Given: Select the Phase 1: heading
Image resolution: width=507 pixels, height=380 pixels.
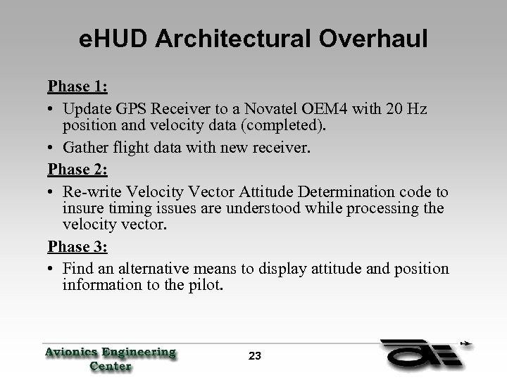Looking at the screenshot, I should pos(77,87).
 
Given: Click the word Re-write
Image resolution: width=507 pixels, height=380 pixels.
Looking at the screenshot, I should pos(89,192).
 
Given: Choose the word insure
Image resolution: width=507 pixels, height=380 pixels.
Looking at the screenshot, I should pos(82,209).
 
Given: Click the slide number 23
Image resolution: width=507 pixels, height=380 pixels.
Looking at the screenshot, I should pos(255,356).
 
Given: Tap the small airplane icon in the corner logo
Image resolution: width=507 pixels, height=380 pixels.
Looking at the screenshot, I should pos(465,346).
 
